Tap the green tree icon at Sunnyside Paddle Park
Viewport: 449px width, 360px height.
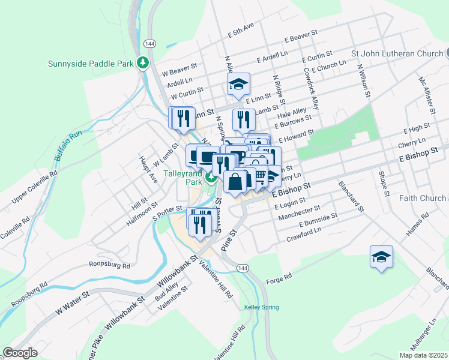[143, 62]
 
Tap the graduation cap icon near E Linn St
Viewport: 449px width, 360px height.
[238, 85]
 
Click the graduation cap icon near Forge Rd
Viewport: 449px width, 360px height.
[381, 257]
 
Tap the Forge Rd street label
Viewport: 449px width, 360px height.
[279, 277]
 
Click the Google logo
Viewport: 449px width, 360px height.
[20, 353]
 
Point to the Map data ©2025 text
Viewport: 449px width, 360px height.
[423, 355]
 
